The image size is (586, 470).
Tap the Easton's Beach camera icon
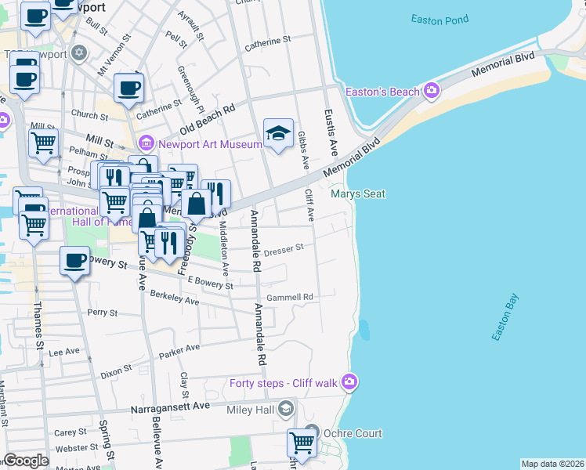431,92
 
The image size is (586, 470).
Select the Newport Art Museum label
209,144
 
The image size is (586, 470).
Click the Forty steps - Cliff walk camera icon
349,382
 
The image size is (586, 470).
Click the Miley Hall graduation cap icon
287,408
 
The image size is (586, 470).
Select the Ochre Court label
354,433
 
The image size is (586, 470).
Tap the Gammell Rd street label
289,298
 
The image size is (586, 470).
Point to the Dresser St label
283,251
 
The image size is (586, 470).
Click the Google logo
26,461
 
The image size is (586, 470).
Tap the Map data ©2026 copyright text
552,464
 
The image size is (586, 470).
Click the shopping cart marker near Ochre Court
301,443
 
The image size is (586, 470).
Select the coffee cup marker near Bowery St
74,261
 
